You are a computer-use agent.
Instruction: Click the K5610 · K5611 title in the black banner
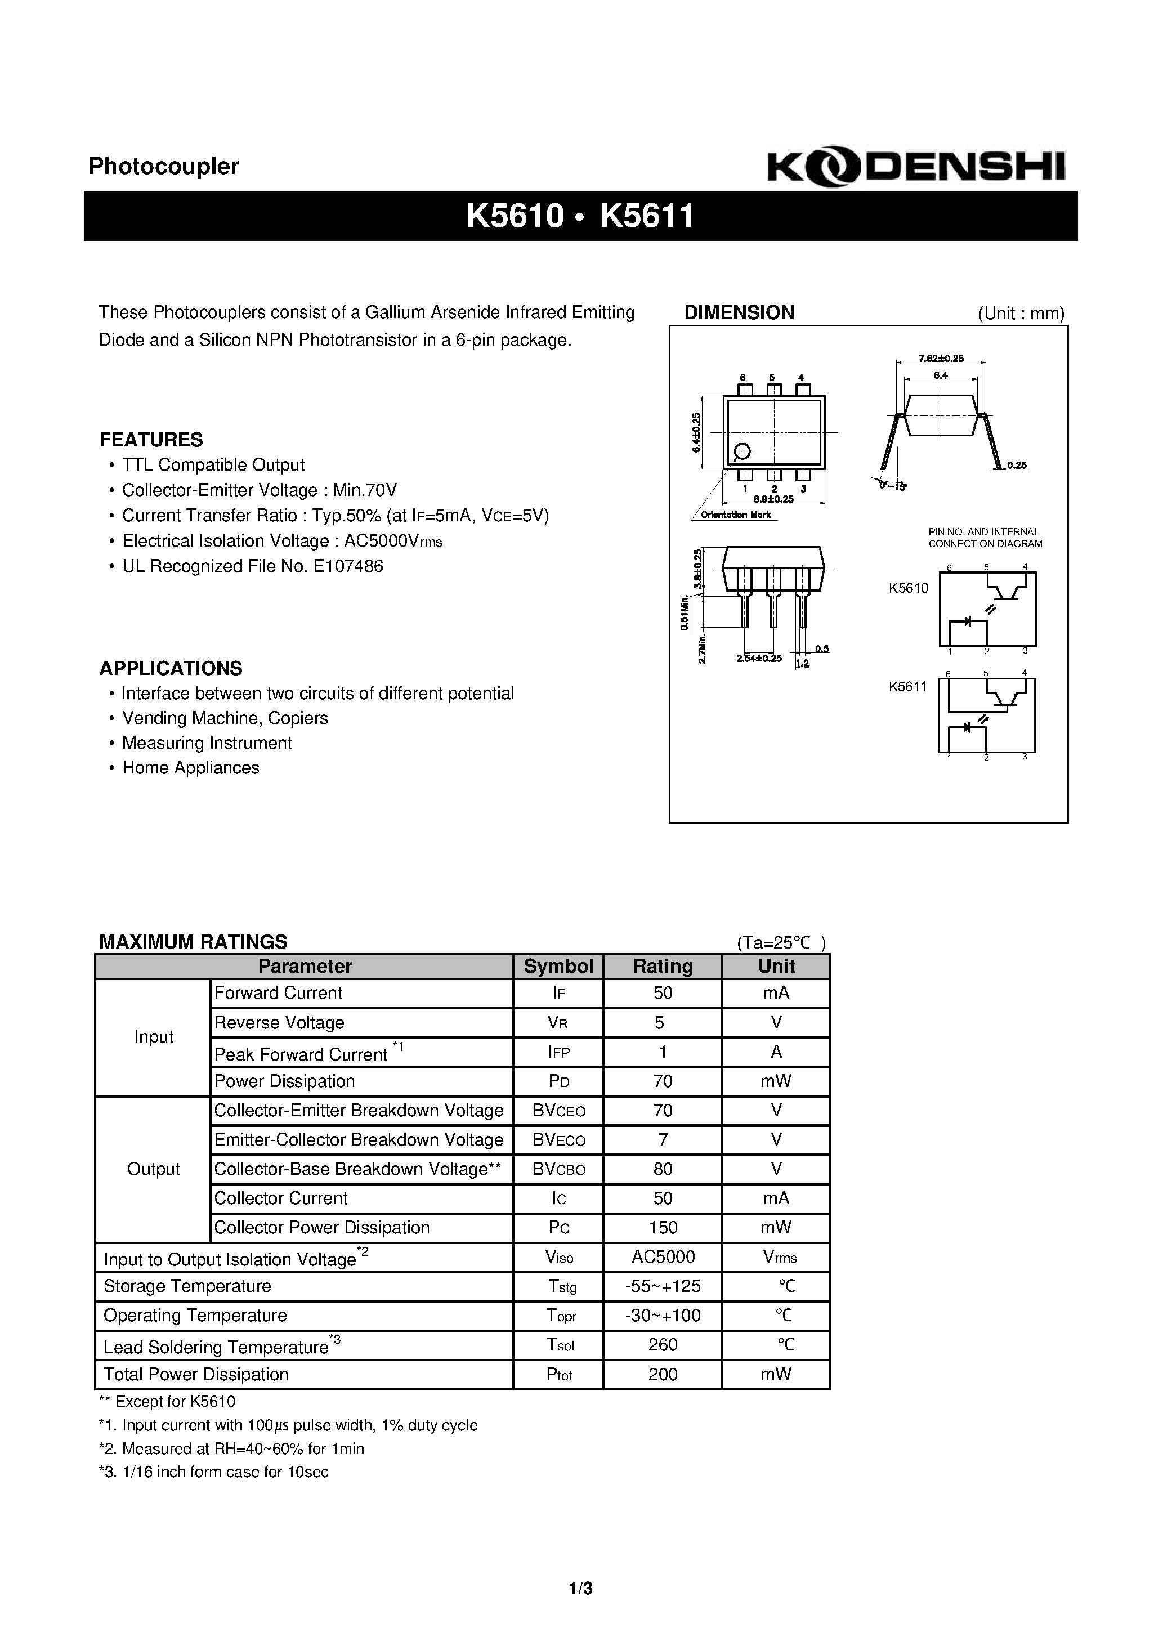point(580,216)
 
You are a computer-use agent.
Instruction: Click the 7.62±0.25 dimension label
point(940,359)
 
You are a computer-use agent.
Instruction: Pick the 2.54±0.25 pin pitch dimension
point(759,658)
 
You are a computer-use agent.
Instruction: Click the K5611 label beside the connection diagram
point(908,686)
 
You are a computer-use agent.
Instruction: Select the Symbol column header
point(558,967)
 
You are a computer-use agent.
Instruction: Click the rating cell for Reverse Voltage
point(662,1022)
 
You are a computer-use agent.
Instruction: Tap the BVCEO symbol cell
point(558,1111)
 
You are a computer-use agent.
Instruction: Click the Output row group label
point(154,1169)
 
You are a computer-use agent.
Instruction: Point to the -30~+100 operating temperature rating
point(662,1316)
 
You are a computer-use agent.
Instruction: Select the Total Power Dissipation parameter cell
point(196,1374)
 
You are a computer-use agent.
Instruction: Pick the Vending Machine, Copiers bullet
point(225,718)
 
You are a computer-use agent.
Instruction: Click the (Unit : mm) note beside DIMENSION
point(1021,314)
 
